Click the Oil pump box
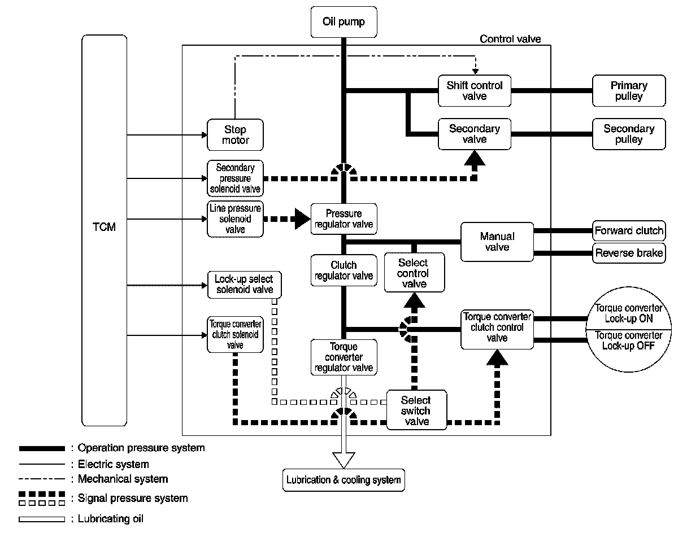(x=343, y=22)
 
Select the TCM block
(x=104, y=230)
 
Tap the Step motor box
(x=235, y=134)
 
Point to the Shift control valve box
(x=474, y=91)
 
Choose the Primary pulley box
(x=629, y=91)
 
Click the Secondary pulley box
(x=629, y=134)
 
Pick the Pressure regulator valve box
(x=343, y=219)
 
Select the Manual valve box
(x=497, y=242)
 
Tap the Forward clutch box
(x=629, y=230)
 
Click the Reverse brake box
(x=629, y=253)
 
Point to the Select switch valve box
(x=416, y=410)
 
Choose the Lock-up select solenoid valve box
(x=244, y=285)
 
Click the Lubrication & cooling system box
(x=343, y=480)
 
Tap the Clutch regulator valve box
(x=343, y=270)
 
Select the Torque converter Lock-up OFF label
(x=628, y=340)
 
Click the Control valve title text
(x=510, y=39)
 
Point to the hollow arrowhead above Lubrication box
(x=343, y=460)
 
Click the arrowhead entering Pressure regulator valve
(x=303, y=219)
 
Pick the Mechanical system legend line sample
(x=42, y=479)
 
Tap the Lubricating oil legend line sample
(x=42, y=519)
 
